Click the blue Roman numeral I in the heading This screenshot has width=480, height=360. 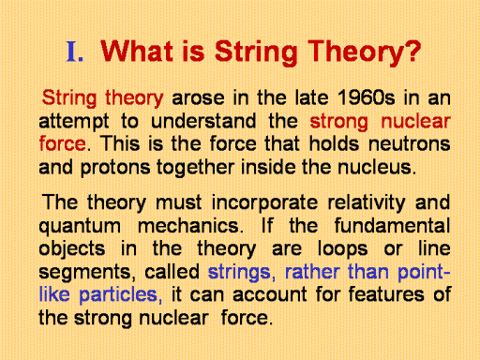(71, 52)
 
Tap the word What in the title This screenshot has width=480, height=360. (137, 51)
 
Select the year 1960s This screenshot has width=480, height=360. (367, 97)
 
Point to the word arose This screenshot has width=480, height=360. (198, 98)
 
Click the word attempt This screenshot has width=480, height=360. (74, 122)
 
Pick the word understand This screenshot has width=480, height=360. (203, 121)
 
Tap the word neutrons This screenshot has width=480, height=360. (410, 144)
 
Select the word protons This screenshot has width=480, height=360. (115, 168)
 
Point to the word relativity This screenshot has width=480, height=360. (367, 203)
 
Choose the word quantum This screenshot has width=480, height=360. (80, 227)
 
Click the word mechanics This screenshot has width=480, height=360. (188, 225)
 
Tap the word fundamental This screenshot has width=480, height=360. (392, 225)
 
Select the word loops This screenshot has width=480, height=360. (342, 249)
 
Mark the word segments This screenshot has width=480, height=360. (84, 273)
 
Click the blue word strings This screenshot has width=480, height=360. (239, 273)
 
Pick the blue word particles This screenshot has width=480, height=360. (118, 295)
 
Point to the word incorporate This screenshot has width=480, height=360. (264, 203)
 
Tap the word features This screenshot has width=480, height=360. (386, 294)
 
